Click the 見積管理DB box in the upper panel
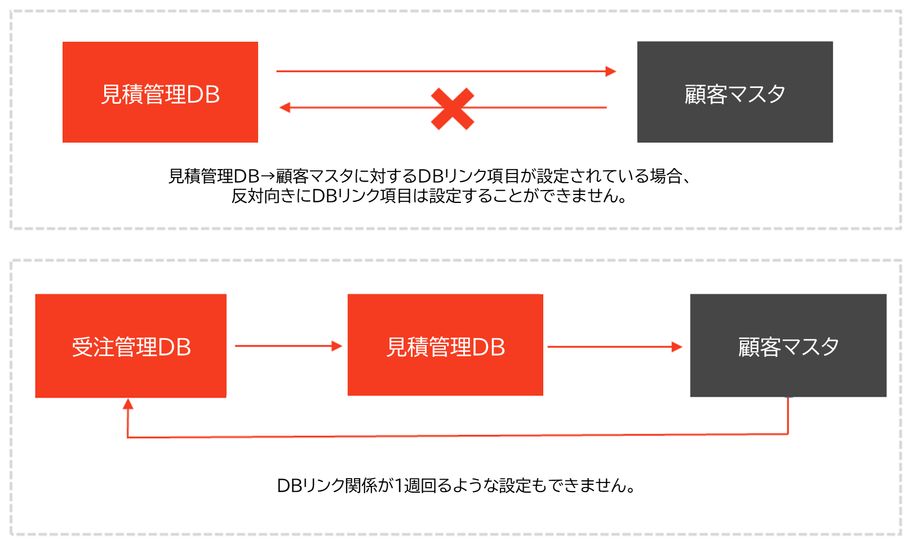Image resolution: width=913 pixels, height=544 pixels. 160,92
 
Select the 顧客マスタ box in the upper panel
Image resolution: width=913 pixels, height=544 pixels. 734,92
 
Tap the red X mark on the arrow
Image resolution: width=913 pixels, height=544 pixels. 452,109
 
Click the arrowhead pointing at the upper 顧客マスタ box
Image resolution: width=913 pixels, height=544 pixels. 610,72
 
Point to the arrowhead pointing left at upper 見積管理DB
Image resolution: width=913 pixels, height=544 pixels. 285,108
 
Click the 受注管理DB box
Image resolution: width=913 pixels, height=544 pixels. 131,346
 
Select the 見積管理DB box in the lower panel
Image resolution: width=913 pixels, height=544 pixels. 445,345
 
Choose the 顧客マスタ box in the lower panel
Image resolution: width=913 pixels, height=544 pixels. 788,345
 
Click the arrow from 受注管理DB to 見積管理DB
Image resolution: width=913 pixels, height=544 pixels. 287,346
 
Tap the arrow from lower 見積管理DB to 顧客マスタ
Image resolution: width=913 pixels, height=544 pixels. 614,347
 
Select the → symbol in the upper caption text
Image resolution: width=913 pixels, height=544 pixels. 268,176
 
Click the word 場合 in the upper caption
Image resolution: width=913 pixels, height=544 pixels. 666,176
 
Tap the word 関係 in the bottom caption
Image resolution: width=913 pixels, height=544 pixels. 361,485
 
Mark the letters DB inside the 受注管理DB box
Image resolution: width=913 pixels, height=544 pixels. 174,347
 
